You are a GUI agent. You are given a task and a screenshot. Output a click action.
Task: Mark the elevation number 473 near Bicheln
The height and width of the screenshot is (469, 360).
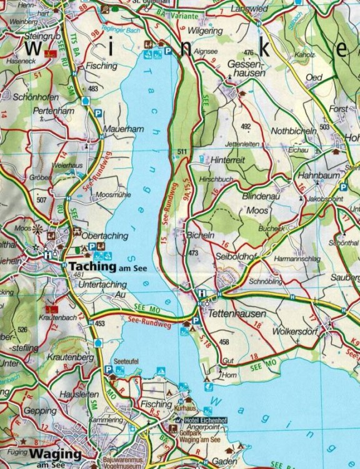pyautogui.click(x=192, y=253)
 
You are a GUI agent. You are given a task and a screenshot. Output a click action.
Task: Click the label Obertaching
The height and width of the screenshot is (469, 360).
pyautogui.click(x=105, y=236)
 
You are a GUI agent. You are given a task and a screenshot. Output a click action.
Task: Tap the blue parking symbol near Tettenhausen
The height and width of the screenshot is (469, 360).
pyautogui.click(x=196, y=320)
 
